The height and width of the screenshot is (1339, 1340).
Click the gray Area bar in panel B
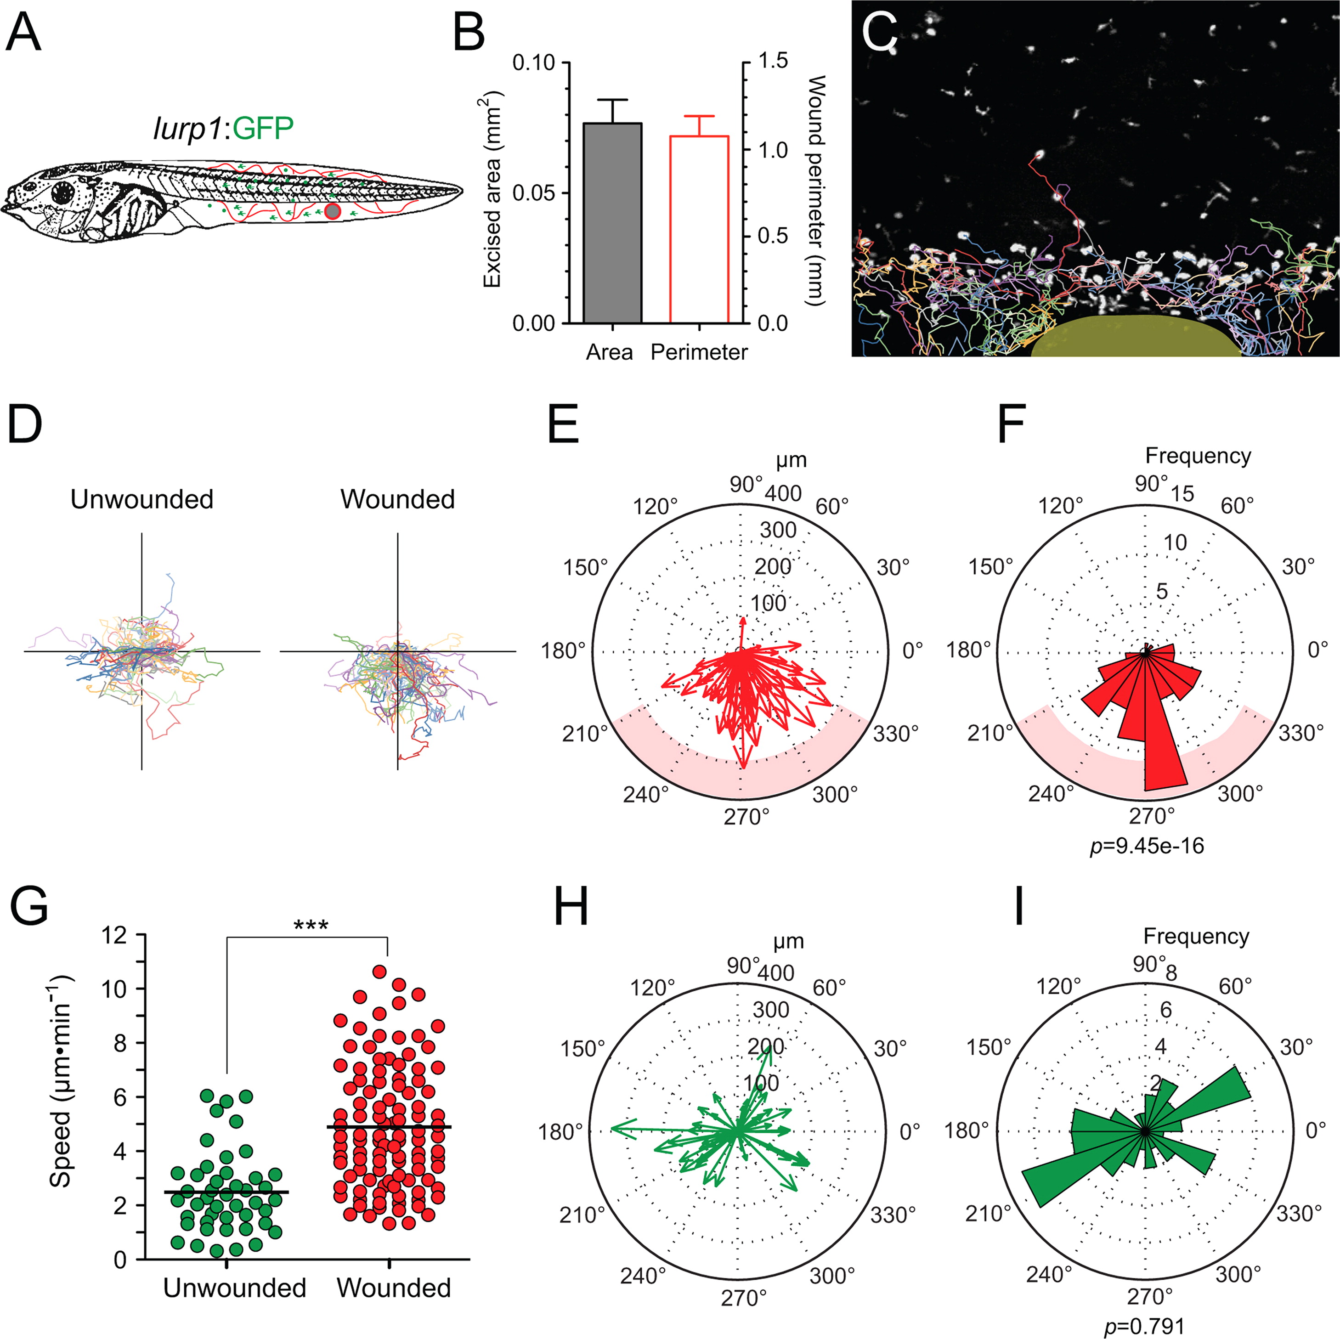[x=612, y=223]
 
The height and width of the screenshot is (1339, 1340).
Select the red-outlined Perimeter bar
[x=698, y=230]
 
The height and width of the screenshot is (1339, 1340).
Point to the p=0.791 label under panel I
[x=1144, y=1326]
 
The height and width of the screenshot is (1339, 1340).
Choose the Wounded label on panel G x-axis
[x=393, y=1288]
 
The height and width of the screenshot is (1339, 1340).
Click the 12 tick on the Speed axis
[x=114, y=935]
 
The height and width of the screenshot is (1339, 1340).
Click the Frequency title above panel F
[x=1198, y=456]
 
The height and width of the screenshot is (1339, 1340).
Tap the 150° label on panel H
[x=582, y=1048]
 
